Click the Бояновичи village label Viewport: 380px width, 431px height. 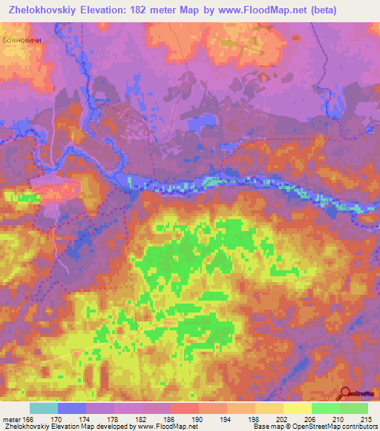coord(19,41)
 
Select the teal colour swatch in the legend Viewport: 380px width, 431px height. coord(44,408)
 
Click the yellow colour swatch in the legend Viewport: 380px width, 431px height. coord(298,408)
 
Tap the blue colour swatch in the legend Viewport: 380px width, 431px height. coord(72,408)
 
